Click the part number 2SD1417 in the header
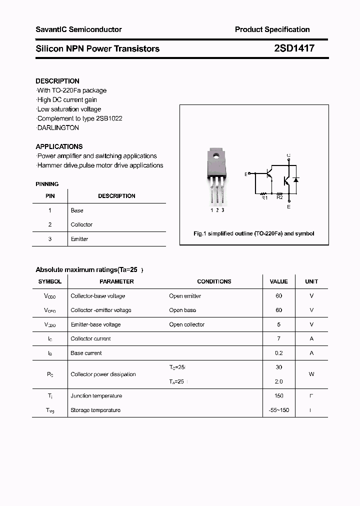click(x=294, y=48)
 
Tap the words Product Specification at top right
click(x=272, y=29)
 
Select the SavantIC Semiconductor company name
click(x=78, y=29)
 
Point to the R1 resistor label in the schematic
click(x=265, y=198)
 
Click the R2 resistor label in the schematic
click(x=279, y=198)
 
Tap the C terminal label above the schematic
click(x=288, y=155)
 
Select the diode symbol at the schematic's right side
click(x=295, y=179)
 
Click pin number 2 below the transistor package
click(x=217, y=210)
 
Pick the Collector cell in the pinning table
click(x=81, y=224)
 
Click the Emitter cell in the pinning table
click(x=79, y=239)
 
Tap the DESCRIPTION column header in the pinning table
click(x=116, y=196)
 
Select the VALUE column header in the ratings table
click(x=278, y=281)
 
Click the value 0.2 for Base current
click(x=278, y=353)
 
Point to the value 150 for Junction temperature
click(x=278, y=395)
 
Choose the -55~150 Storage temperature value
click(x=278, y=410)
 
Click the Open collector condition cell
click(x=186, y=324)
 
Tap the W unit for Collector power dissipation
click(x=311, y=374)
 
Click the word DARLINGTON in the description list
click(x=58, y=127)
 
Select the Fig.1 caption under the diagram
click(x=254, y=233)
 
